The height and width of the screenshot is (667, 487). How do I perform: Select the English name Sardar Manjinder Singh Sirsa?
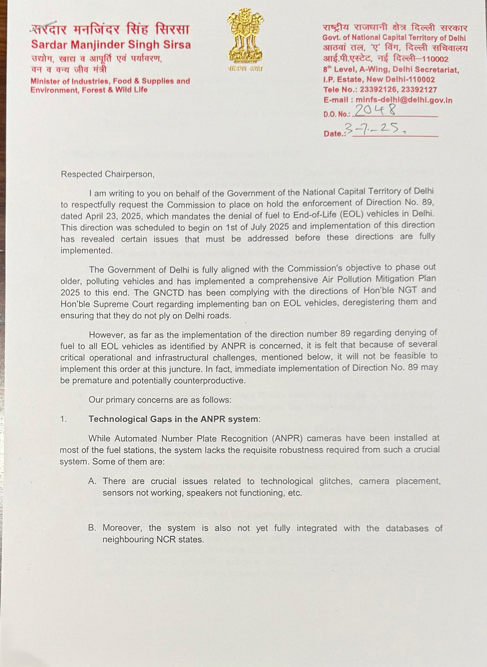coord(111,45)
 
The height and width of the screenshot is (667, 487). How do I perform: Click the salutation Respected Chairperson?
coord(108,174)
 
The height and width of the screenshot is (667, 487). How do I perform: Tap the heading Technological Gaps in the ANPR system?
coord(174,419)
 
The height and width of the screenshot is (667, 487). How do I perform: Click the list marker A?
coord(92,481)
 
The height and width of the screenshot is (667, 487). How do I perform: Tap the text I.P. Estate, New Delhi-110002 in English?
coord(379,80)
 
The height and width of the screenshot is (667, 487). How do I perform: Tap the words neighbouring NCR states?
coord(153,540)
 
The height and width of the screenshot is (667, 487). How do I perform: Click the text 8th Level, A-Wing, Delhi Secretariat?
coord(391,70)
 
